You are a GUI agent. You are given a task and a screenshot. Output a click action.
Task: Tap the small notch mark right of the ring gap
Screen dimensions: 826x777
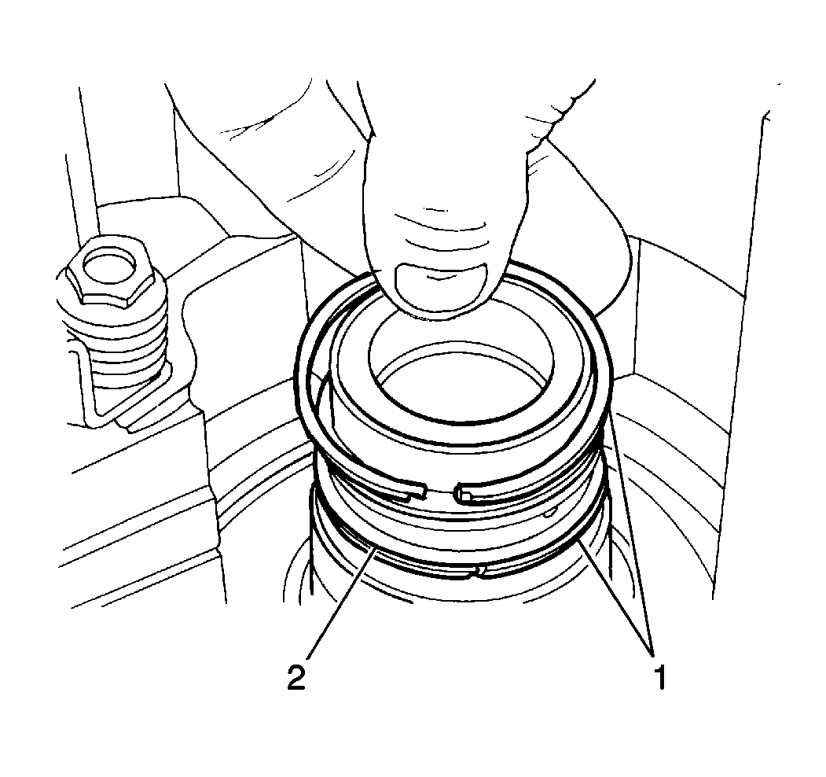coord(550,511)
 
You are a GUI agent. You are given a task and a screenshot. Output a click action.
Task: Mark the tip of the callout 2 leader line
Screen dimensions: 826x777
coord(376,549)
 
